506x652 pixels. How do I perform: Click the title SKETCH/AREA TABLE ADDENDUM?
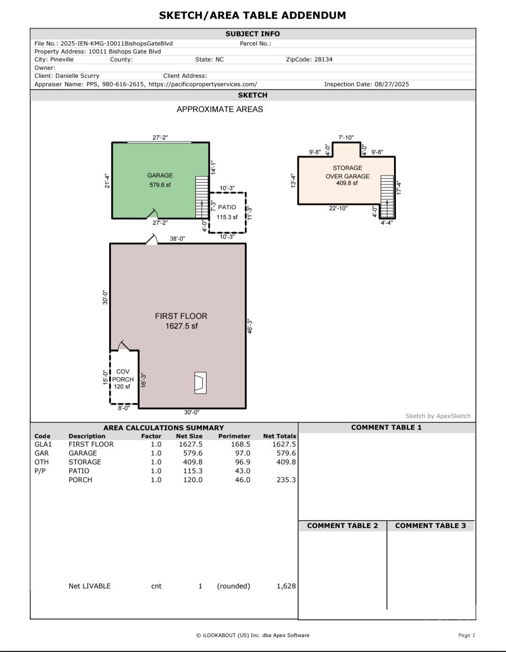coord(252,15)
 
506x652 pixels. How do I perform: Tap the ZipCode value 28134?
coord(323,59)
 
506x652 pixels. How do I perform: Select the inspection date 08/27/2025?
coord(392,84)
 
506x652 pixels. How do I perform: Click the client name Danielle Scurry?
coord(77,76)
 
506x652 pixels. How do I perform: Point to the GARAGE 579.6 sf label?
coord(160,180)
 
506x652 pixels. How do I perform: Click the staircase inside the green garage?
coord(201,197)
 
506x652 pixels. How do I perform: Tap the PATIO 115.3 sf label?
coord(227,212)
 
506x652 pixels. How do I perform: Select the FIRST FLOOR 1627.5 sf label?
coord(181,321)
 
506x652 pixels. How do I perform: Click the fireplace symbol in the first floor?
coord(200,382)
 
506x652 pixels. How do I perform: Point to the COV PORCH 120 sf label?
coord(123,379)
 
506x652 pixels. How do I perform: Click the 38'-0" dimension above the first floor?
coord(177,239)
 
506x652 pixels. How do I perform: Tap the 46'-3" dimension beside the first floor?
coord(250,326)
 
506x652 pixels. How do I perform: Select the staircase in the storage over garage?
coord(387,196)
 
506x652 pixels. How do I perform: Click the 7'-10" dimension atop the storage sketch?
coord(346,138)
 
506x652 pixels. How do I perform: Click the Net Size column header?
coord(189,436)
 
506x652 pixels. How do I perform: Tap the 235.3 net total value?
coord(286,480)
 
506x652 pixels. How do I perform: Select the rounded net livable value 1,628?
coord(286,586)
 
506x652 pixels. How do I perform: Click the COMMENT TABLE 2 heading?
coord(342,526)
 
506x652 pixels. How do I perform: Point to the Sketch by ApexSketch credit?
coord(438,416)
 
